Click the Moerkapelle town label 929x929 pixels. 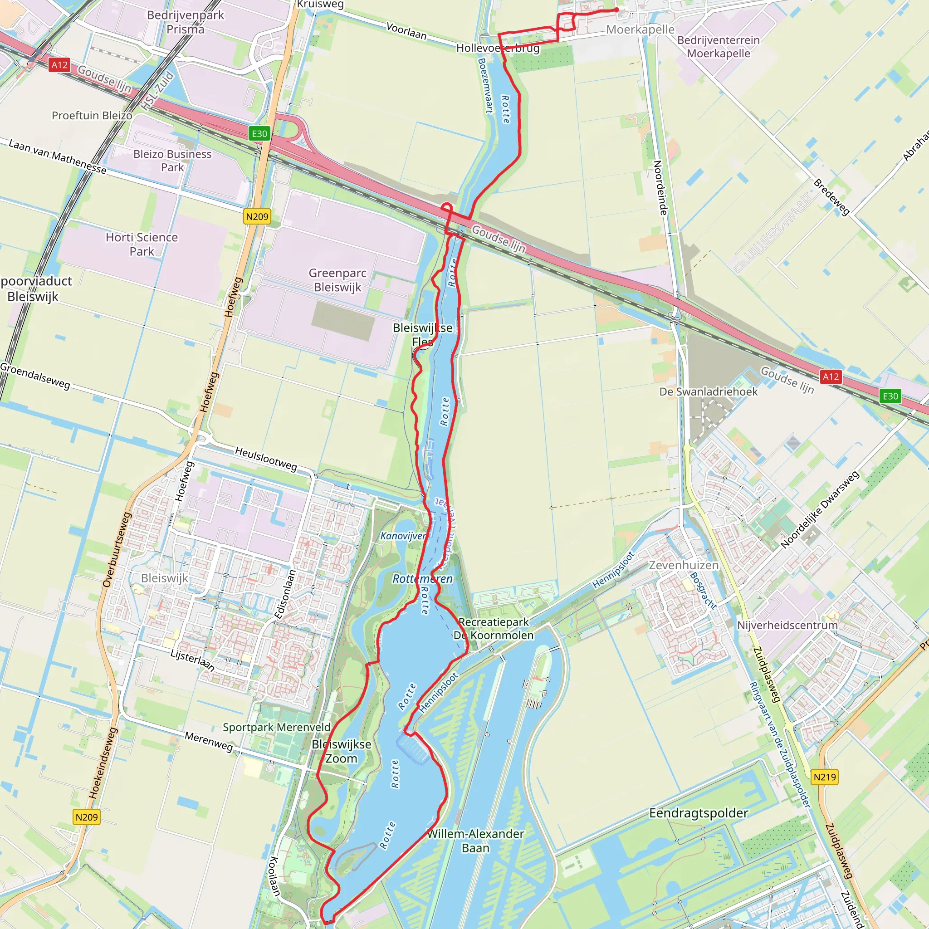[640, 30]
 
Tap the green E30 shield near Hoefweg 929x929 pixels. [259, 134]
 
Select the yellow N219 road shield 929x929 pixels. [825, 777]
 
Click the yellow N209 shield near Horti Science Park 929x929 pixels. [257, 216]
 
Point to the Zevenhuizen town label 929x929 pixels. [684, 565]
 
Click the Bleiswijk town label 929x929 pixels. [165, 578]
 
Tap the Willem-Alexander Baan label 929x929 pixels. [475, 841]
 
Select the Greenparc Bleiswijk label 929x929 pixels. [337, 280]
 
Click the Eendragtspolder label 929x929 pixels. [698, 813]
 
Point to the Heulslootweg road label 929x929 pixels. [266, 458]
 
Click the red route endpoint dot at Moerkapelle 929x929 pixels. [616, 10]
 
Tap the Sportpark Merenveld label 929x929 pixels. [277, 727]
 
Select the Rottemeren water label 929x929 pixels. [422, 578]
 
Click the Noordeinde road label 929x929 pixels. [660, 188]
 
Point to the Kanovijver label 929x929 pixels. [403, 536]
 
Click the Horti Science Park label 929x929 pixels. [142, 244]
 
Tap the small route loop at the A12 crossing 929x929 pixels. [447, 208]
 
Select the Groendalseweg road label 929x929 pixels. [35, 376]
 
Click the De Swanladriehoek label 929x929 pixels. [708, 391]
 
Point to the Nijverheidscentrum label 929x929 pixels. [787, 625]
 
